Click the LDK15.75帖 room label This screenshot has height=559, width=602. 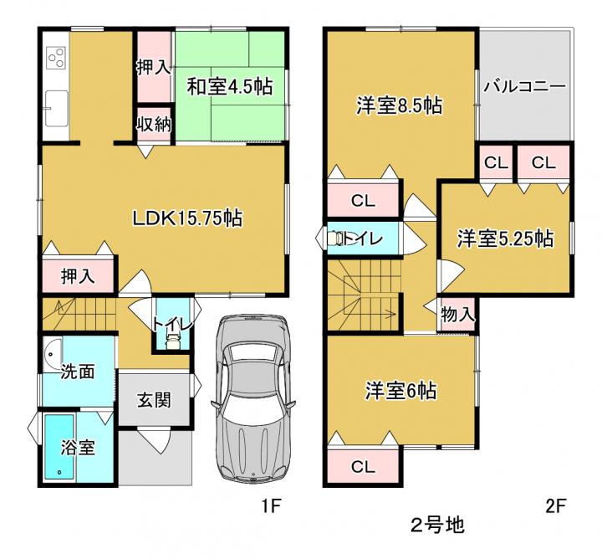187,218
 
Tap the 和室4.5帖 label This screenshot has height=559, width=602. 230,87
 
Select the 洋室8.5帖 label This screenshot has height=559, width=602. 400,105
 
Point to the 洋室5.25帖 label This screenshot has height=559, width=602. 505,238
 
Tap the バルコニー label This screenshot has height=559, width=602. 524,87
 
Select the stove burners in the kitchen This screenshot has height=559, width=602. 56,57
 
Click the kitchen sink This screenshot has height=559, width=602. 57,108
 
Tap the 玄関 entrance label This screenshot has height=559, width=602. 154,401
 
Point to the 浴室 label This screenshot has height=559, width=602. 77,448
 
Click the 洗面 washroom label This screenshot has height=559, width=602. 78,372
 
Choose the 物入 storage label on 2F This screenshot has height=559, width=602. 457,315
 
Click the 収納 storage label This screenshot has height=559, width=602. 155,125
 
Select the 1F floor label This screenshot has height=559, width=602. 272,506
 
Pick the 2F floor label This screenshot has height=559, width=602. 555,506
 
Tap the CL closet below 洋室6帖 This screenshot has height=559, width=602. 363,467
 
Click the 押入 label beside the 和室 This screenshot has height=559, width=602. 154,68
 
